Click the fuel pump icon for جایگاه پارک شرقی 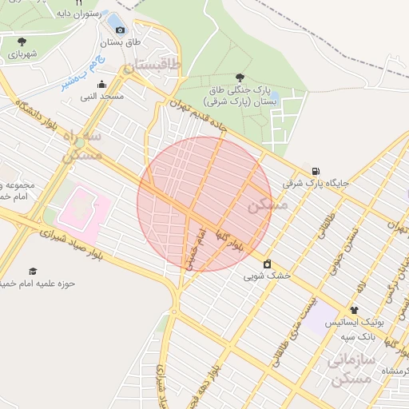click(x=317, y=170)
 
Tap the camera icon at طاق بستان click(x=121, y=30)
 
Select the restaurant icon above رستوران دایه click(x=78, y=3)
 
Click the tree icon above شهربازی click(x=21, y=42)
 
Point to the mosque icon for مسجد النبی click(x=101, y=85)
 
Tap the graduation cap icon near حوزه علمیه click(x=33, y=272)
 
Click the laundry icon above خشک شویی click(x=267, y=264)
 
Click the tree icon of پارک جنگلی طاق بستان click(x=240, y=77)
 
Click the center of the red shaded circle click(x=204, y=204)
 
